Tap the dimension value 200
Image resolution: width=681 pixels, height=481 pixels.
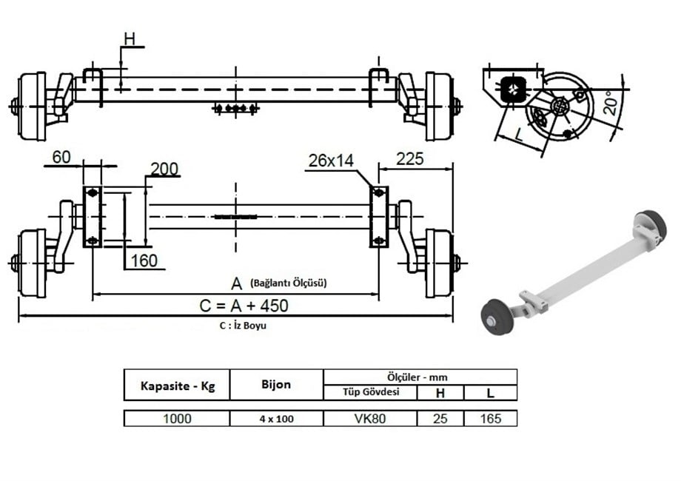(x=164, y=169)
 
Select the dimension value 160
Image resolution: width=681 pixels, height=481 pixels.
(x=143, y=260)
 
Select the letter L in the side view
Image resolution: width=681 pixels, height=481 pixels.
(x=518, y=135)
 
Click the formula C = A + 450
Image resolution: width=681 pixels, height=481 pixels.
(x=244, y=305)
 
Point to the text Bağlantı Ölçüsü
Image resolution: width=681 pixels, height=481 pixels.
(x=288, y=283)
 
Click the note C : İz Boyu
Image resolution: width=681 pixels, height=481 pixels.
(x=243, y=326)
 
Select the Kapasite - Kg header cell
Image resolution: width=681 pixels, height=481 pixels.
(x=177, y=386)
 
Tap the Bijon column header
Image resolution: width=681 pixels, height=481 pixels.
(x=276, y=385)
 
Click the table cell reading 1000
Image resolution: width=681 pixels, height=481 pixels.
(x=177, y=418)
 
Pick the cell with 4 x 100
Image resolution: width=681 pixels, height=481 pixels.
(x=276, y=419)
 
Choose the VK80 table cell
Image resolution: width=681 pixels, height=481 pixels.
(x=370, y=418)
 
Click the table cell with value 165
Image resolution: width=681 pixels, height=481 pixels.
(x=490, y=418)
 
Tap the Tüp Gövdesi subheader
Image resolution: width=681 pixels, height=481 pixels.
(x=370, y=392)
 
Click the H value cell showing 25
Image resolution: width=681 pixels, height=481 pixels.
(x=440, y=418)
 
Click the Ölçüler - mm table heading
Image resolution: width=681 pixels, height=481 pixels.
(x=420, y=376)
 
